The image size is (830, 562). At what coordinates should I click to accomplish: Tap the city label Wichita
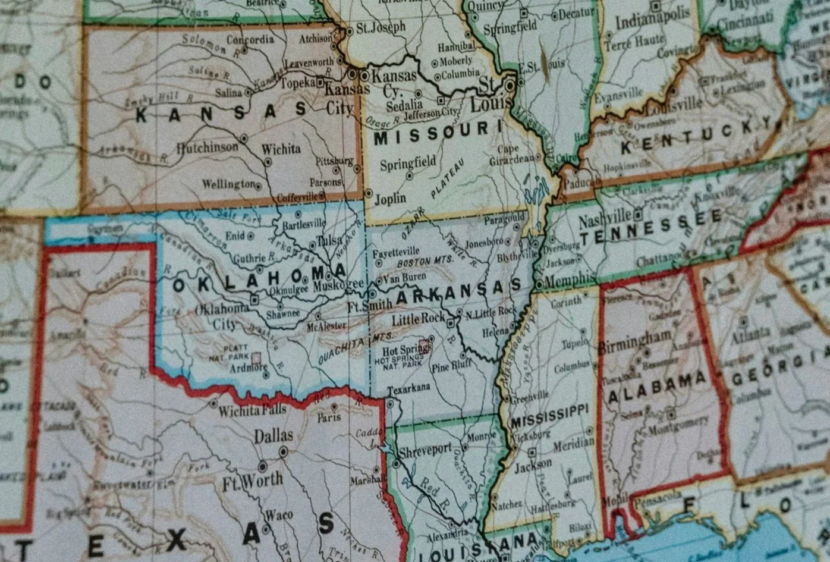281,149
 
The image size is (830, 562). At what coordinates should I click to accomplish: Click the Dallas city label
273,436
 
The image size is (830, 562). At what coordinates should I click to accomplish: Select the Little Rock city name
422,318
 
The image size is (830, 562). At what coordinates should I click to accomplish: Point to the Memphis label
570,280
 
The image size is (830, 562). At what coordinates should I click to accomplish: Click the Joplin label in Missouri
391,199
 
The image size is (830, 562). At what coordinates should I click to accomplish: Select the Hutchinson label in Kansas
207,147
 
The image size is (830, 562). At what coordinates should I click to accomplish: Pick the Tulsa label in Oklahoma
329,240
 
